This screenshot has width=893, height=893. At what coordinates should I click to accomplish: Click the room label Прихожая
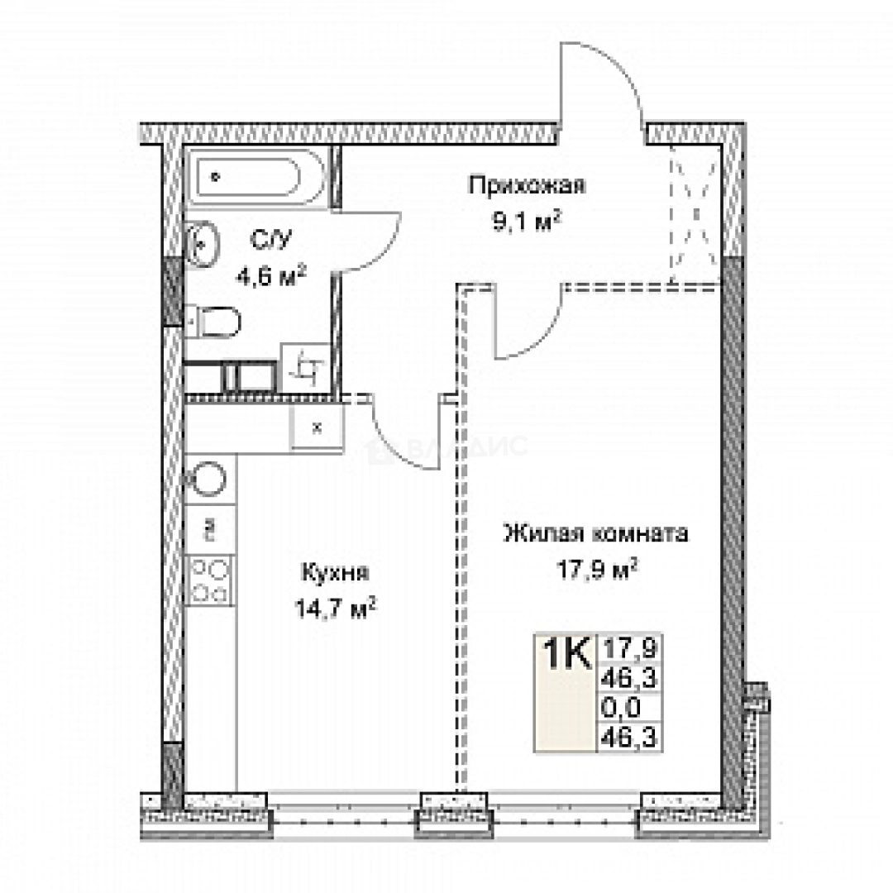tap(527, 185)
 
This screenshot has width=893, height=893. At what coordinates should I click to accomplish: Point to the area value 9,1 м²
tap(527, 222)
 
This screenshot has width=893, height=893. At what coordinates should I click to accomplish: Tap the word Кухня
tap(335, 573)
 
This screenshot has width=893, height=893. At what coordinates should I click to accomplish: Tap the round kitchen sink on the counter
tap(209, 479)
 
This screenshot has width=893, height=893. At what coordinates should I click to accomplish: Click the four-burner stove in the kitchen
tap(210, 580)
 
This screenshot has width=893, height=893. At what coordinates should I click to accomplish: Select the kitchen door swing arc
tap(405, 438)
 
